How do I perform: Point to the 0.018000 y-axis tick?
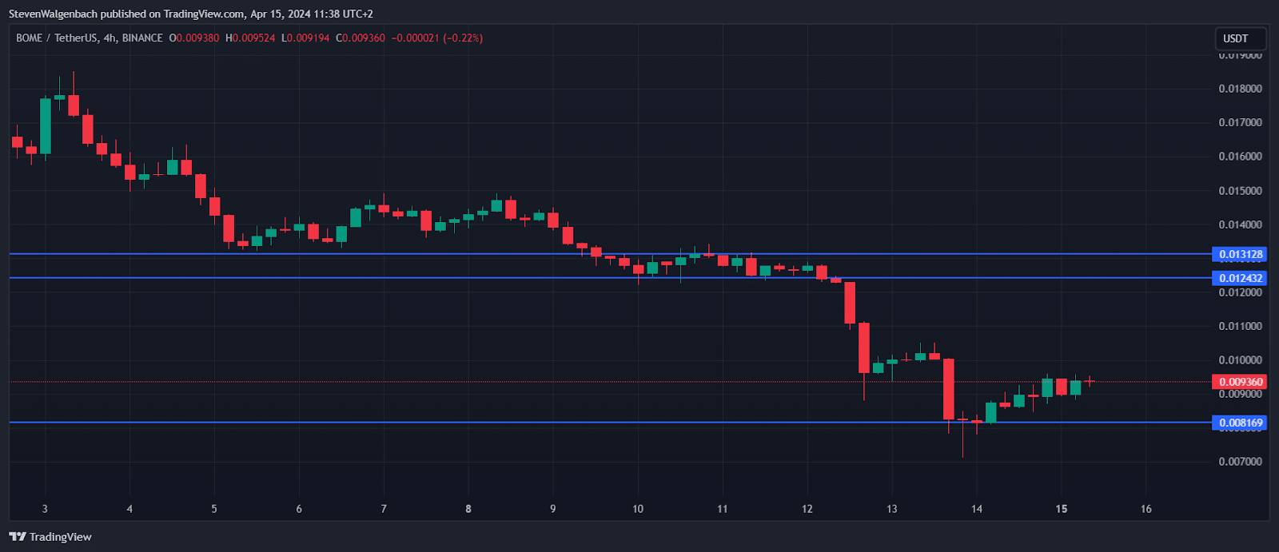point(1240,89)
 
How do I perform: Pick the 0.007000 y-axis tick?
point(1240,462)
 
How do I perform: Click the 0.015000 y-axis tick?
point(1240,191)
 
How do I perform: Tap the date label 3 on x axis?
point(45,509)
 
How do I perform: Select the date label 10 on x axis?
point(638,509)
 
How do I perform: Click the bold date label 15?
point(1062,509)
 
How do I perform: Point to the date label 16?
point(1146,509)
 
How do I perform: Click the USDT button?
point(1236,38)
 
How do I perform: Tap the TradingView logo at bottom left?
point(51,537)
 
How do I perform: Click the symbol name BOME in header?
point(30,38)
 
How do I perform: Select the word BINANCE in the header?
point(142,38)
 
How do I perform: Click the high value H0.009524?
point(250,38)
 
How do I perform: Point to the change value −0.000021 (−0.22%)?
point(437,38)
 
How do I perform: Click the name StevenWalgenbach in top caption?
point(54,14)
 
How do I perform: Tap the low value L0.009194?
point(305,38)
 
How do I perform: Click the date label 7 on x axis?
point(384,509)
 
